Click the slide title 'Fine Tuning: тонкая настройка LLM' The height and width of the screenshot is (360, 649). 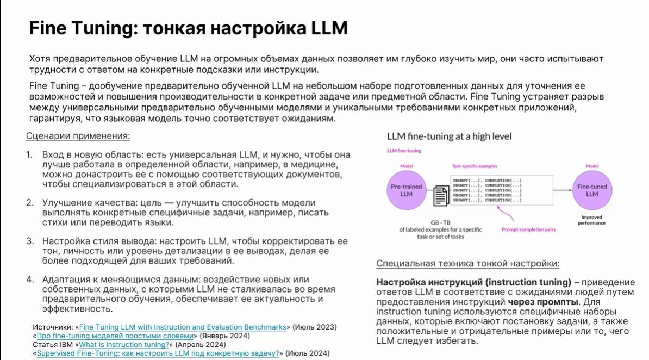pos(188,28)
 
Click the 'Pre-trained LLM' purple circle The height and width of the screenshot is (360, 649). pos(406,190)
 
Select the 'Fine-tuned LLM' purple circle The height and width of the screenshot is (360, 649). pos(592,190)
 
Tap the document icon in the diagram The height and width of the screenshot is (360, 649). pos(440,195)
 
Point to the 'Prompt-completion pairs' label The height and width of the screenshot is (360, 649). pos(528,229)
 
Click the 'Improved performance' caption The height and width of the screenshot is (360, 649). pos(592,220)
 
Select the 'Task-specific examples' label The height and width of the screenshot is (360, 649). pos(474,166)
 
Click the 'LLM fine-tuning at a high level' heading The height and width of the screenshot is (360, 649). pos(449,136)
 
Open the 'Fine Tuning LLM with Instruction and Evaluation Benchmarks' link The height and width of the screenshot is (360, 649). pos(183,327)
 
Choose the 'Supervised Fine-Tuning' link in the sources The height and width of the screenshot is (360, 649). pos(158,353)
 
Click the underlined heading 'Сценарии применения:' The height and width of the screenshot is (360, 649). pos(78,136)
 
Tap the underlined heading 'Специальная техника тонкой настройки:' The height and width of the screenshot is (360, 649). pos(467,264)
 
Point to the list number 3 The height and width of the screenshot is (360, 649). pos(30,241)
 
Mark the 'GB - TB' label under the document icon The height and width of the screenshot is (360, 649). pos(440,222)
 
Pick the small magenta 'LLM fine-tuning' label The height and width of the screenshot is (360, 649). pos(404,151)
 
